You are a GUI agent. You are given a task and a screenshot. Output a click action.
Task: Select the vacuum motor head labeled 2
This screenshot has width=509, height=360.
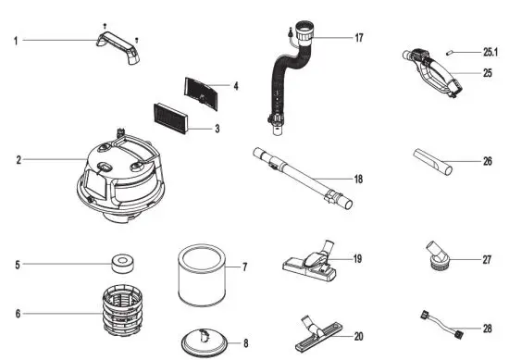pos(119,176)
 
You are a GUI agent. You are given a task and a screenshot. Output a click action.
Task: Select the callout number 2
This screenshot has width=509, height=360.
pos(18,160)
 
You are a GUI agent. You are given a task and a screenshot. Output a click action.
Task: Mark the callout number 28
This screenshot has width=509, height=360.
pos(487,329)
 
